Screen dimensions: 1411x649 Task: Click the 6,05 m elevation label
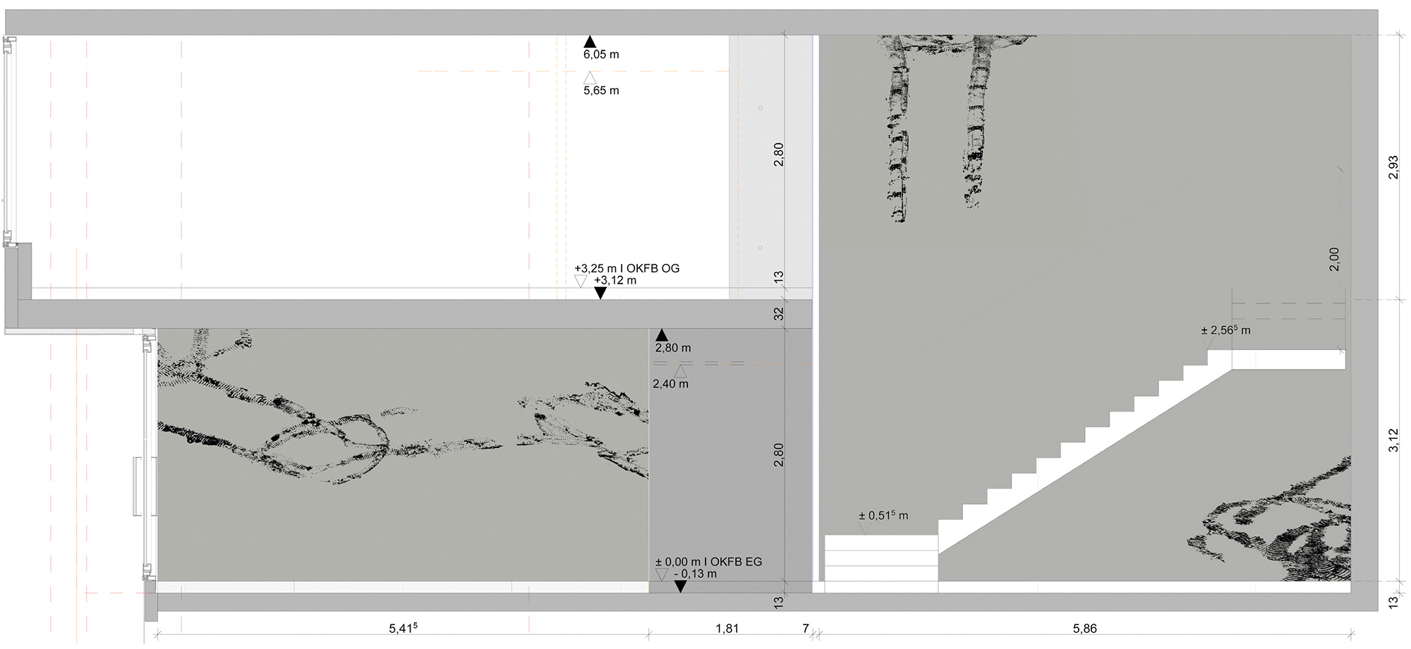click(x=601, y=54)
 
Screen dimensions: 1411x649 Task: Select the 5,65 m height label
click(x=601, y=90)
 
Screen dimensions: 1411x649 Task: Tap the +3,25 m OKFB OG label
click(x=626, y=269)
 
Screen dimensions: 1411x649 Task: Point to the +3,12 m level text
click(x=615, y=280)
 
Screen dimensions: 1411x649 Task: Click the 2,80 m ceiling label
click(x=673, y=348)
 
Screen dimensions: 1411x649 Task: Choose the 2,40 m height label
click(x=670, y=384)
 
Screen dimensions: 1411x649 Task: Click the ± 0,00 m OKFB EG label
click(x=708, y=562)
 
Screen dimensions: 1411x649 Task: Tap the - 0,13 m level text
click(x=696, y=574)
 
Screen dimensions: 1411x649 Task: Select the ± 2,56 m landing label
click(x=1226, y=330)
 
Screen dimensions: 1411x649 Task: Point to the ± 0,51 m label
click(x=883, y=516)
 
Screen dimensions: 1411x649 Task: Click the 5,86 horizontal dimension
click(x=1085, y=629)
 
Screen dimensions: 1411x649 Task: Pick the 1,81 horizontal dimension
click(x=727, y=629)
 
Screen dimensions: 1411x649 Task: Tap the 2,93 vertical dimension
click(x=1393, y=167)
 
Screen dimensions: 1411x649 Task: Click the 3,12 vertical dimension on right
click(x=1393, y=440)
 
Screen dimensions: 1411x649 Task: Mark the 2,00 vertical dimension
click(x=1333, y=259)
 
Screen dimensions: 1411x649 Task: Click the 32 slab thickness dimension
click(x=779, y=314)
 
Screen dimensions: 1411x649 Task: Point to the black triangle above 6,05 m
click(x=590, y=42)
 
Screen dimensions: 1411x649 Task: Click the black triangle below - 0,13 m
click(x=680, y=586)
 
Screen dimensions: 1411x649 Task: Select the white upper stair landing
click(x=1288, y=360)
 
